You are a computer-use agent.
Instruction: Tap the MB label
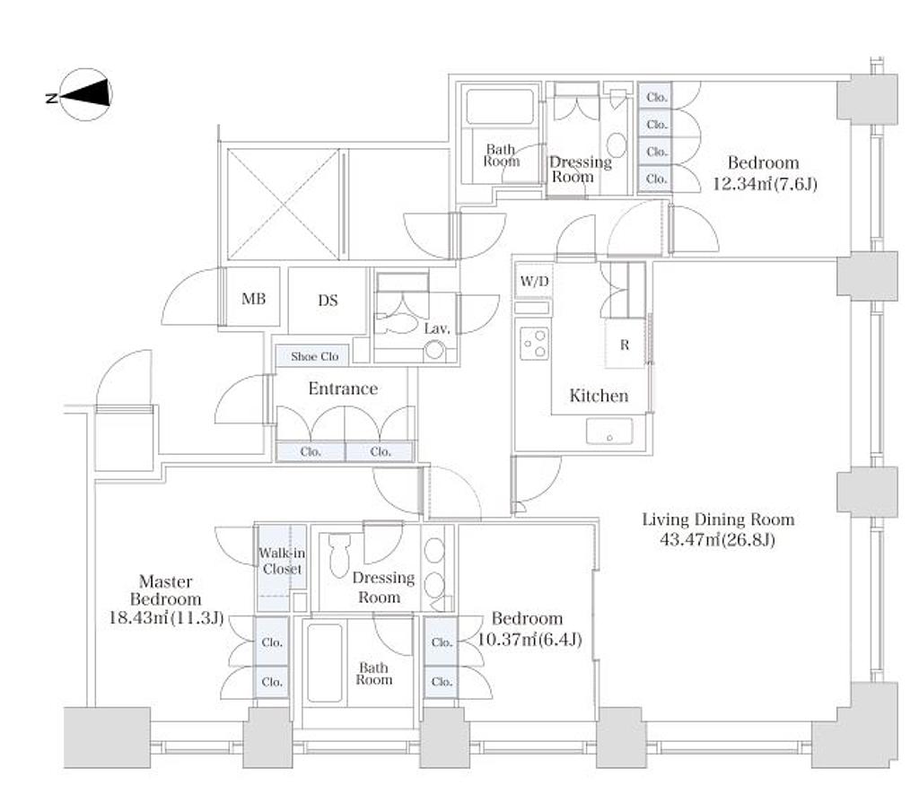pyautogui.click(x=254, y=300)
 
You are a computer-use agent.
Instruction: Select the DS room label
pyautogui.click(x=328, y=301)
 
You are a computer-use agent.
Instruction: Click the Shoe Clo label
pyautogui.click(x=314, y=356)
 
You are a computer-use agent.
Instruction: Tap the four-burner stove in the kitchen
pyautogui.click(x=535, y=342)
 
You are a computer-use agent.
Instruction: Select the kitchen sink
pyautogui.click(x=609, y=432)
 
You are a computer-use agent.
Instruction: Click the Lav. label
pyautogui.click(x=436, y=329)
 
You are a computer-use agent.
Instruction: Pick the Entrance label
pyautogui.click(x=342, y=388)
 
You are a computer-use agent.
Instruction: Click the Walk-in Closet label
pyautogui.click(x=282, y=562)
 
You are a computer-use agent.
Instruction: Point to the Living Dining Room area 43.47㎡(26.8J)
pyautogui.click(x=719, y=540)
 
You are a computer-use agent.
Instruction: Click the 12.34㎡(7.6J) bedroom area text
pyautogui.click(x=766, y=185)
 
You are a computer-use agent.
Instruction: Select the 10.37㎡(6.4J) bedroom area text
pyautogui.click(x=528, y=640)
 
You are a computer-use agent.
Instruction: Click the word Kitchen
pyautogui.click(x=599, y=396)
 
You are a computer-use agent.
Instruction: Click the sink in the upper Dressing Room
pyautogui.click(x=617, y=144)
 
